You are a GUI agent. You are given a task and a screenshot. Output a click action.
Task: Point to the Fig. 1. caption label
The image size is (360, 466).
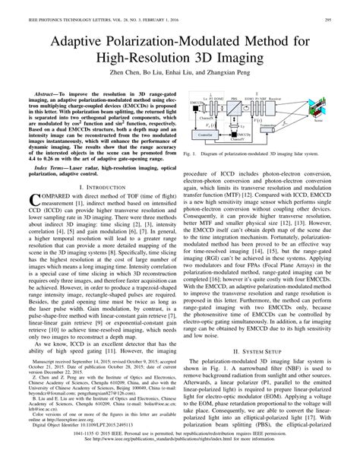coord(191,153)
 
